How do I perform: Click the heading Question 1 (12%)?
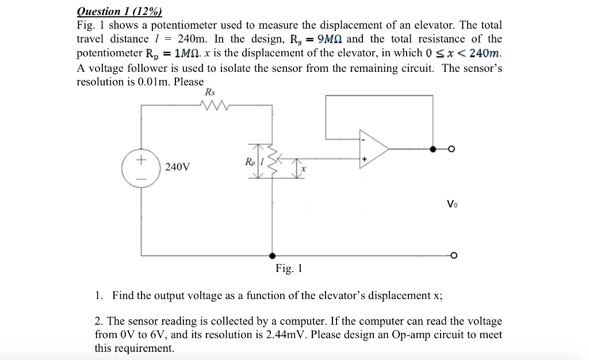[x=120, y=12]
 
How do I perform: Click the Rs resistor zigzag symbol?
[x=216, y=105]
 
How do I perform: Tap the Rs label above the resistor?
[x=211, y=93]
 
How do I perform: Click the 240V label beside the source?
[x=177, y=167]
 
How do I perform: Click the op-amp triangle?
[x=373, y=149]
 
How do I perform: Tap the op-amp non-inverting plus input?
[x=364, y=158]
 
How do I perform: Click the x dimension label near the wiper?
[x=304, y=170]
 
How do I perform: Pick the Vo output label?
[x=453, y=204]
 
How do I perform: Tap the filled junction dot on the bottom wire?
[x=271, y=255]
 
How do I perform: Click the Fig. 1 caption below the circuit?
[x=288, y=269]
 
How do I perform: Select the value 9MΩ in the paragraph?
[x=327, y=39]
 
